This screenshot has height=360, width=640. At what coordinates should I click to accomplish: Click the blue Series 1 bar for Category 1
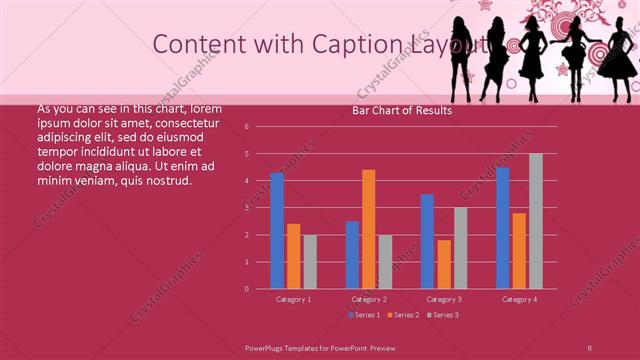[277, 231]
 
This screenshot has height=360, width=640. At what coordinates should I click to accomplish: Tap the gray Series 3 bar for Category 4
[536, 221]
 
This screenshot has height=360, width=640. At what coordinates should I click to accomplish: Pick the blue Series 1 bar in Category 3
[427, 241]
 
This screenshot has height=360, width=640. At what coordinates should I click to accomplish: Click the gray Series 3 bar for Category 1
[310, 262]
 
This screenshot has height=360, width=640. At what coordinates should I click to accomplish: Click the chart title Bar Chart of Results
[401, 111]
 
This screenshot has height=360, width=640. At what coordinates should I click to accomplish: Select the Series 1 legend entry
[364, 315]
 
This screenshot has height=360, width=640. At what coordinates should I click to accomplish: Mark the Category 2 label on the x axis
[369, 299]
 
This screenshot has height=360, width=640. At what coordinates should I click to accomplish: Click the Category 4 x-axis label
[519, 299]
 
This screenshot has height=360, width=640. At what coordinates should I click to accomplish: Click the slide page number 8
[590, 346]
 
